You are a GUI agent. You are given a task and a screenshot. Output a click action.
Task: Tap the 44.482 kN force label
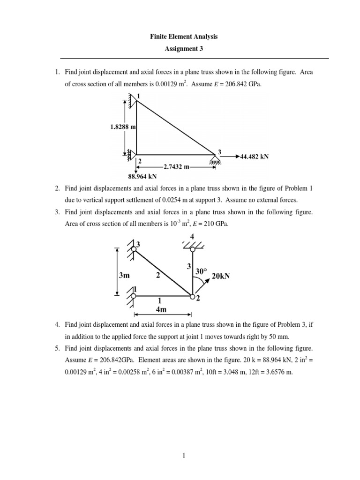click(255, 157)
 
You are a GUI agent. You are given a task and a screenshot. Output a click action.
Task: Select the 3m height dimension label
click(124, 276)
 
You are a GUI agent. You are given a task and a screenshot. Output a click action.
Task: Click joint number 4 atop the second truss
click(192, 236)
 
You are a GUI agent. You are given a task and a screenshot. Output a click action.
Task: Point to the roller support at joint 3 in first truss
click(216, 161)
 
